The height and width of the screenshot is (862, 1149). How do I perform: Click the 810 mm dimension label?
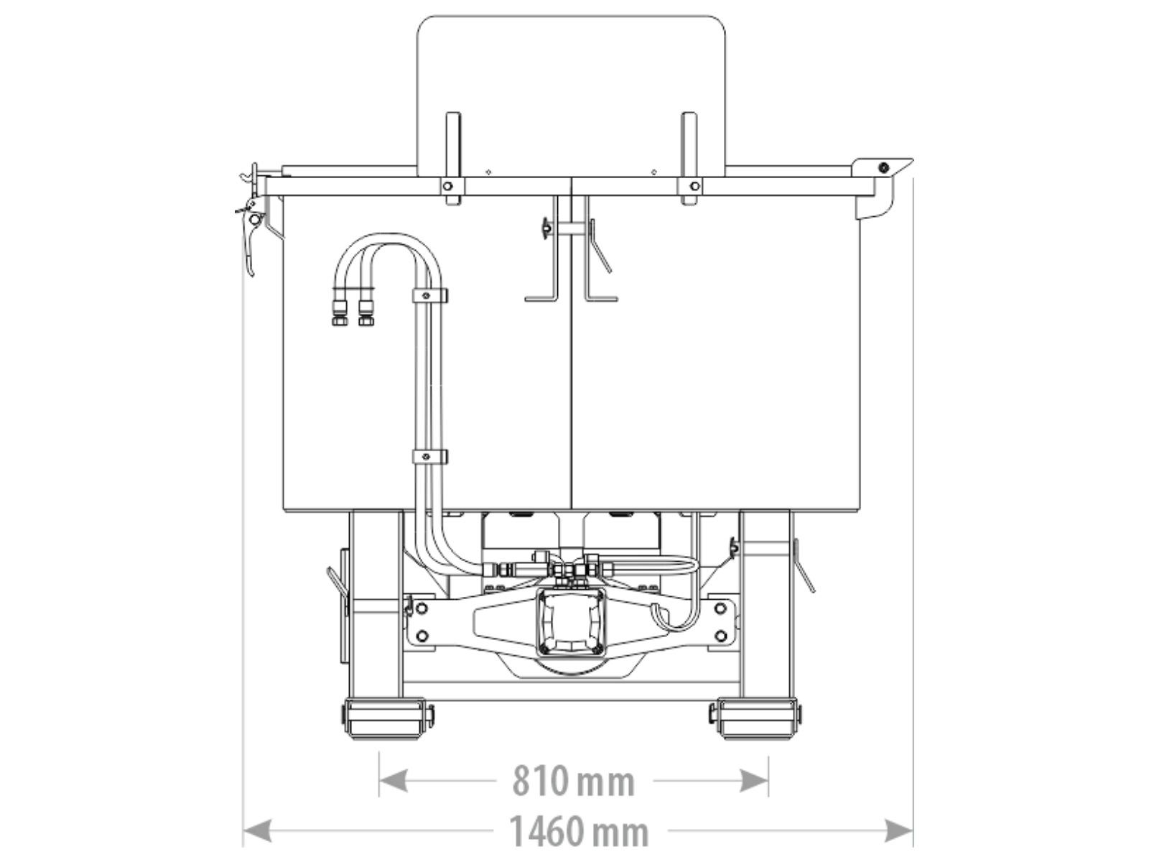click(x=574, y=781)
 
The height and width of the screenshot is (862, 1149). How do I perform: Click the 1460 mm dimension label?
click(x=578, y=830)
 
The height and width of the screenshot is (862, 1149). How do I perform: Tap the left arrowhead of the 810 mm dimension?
click(x=393, y=781)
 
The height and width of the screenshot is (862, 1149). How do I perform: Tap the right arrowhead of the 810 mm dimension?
click(x=754, y=781)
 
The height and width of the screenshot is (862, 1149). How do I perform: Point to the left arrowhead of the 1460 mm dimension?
click(x=258, y=831)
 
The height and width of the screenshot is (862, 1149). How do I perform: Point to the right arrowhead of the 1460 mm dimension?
click(x=899, y=831)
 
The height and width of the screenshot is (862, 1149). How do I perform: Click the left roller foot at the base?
click(x=387, y=718)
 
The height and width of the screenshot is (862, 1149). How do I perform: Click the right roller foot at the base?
click(x=755, y=718)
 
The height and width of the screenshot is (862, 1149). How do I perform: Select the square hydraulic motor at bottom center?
click(x=570, y=623)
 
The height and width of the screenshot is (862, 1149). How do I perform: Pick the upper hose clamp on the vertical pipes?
click(x=429, y=296)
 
